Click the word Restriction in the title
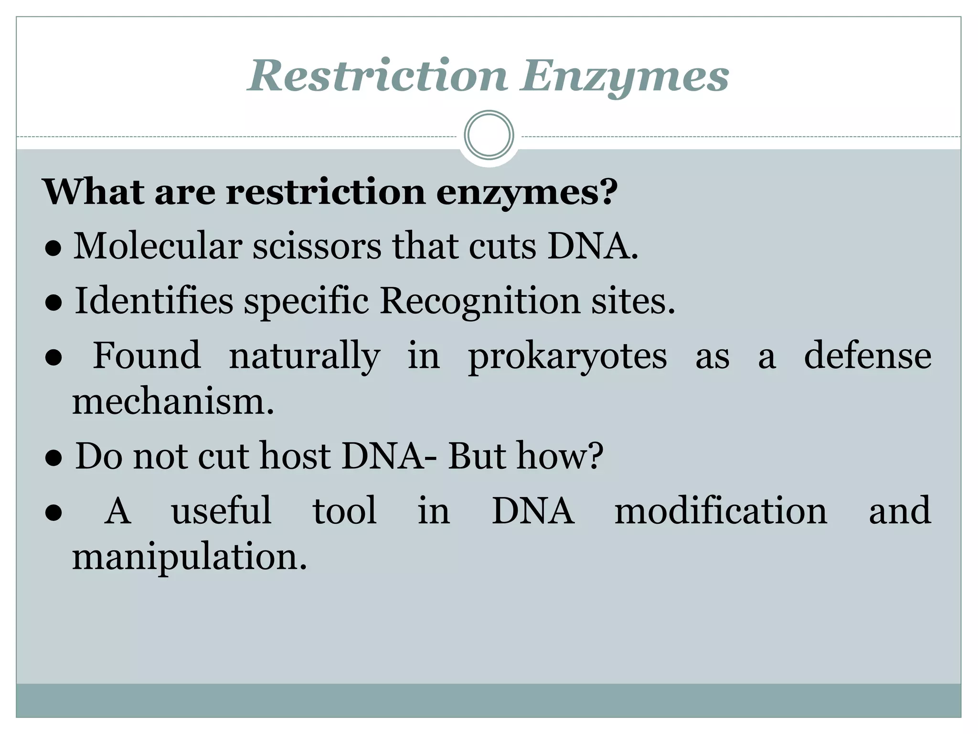tap(377, 76)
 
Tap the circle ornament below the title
tap(489, 135)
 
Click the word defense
tap(868, 356)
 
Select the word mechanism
tap(173, 402)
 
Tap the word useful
tap(222, 511)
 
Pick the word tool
tap(345, 511)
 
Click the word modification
tap(721, 511)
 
